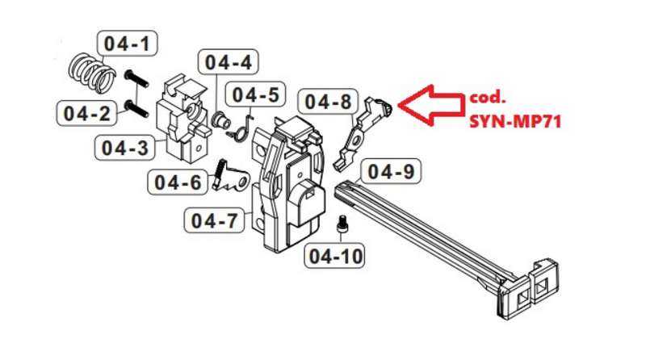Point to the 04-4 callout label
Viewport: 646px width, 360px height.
coord(227,61)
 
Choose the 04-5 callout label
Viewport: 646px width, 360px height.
coord(255,94)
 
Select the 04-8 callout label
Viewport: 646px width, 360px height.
coord(328,102)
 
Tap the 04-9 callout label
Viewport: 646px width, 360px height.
coord(390,171)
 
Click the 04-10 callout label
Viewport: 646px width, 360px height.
coord(333,257)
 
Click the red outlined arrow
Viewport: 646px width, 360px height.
coord(428,103)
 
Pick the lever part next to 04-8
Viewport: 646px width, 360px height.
coord(361,132)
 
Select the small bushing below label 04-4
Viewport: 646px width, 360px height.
coord(219,120)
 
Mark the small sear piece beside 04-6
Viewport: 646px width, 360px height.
coord(233,180)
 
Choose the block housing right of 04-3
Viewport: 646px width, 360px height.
coord(184,119)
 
